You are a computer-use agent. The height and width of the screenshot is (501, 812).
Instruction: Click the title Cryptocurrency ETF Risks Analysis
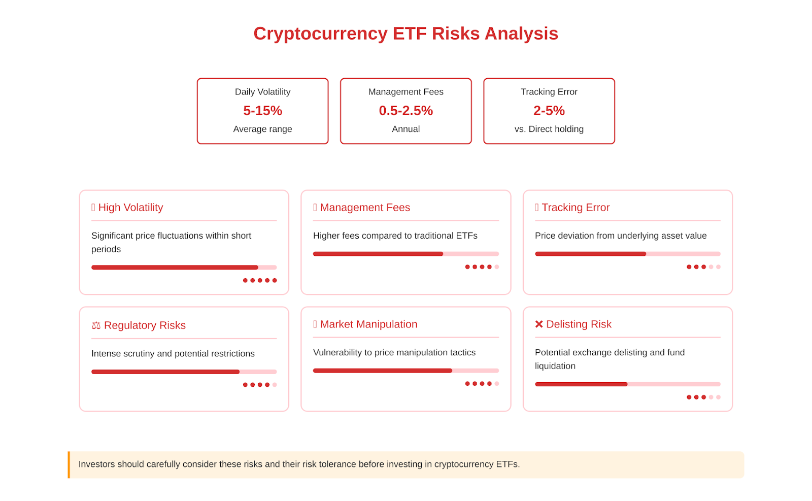405,34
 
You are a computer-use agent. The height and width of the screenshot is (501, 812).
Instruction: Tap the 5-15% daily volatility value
262,111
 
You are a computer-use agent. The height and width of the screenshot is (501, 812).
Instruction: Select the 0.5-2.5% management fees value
405,111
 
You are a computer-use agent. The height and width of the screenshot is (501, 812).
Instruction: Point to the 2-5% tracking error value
549,111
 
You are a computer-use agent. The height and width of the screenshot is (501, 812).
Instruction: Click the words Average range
262,129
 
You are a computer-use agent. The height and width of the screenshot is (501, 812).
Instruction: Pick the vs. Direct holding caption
549,129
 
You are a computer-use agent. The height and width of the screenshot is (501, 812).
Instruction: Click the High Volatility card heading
130,208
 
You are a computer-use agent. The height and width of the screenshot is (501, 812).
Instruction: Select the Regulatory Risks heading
145,325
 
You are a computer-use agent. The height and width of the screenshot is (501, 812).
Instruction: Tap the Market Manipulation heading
368,324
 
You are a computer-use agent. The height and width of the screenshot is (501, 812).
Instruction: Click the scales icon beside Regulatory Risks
96,325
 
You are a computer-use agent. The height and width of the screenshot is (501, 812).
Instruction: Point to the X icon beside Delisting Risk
539,324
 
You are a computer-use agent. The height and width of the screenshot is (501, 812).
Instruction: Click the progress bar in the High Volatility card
184,267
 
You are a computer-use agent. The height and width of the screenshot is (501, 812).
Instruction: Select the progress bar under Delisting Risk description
628,384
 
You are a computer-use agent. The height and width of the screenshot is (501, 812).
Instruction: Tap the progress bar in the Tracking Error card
628,254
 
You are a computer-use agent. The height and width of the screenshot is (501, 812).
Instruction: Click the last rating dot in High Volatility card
275,280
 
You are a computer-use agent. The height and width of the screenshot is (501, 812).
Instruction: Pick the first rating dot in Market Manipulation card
467,384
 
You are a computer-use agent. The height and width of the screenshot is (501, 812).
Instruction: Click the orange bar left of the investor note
69,465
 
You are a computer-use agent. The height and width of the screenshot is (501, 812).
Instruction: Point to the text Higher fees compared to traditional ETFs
395,236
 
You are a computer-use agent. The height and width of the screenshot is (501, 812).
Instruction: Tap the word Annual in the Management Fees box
405,129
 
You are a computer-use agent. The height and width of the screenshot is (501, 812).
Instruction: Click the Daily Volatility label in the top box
262,92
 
